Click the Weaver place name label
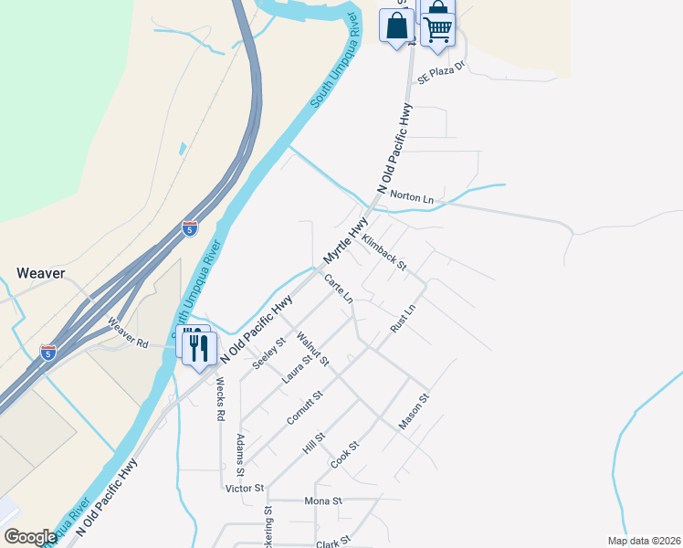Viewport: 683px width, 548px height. pos(41,272)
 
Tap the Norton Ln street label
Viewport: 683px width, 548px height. pos(411,196)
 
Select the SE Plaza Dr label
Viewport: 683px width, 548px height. pos(442,73)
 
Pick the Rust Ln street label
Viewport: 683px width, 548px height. pos(403,318)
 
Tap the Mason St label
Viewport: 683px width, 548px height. pos(414,412)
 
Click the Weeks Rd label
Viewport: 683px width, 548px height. pos(220,402)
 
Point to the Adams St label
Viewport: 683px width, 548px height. pos(240,456)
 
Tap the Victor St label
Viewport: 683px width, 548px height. pos(244,489)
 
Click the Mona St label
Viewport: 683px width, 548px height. pos(324,501)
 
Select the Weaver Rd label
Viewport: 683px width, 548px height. pos(128,332)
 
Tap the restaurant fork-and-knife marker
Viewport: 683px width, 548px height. pos(199,347)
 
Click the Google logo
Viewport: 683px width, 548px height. pos(30,537)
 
